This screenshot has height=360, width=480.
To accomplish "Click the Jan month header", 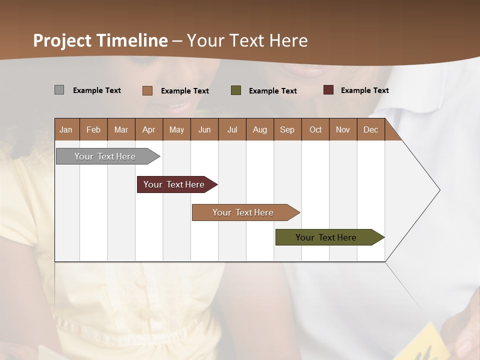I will [x=66, y=129].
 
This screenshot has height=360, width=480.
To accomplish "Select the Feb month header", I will [x=93, y=129].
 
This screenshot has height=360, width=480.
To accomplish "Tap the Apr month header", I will [x=149, y=129].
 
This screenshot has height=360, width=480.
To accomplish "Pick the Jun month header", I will [x=204, y=129].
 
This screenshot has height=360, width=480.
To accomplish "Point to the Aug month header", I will [x=260, y=129].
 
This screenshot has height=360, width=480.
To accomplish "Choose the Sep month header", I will [x=287, y=129].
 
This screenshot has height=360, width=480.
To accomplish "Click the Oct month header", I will [x=315, y=129].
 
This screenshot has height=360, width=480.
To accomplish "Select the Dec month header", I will [x=371, y=129].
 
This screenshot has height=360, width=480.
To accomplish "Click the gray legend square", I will [x=59, y=90].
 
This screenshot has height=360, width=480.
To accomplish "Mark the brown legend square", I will [x=147, y=90].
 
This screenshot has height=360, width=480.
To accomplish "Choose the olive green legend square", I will [x=236, y=90].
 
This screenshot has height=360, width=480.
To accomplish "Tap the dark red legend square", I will [x=328, y=90].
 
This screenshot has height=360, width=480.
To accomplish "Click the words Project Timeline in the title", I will [x=100, y=40].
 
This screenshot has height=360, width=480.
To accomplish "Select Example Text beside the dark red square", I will [x=364, y=90].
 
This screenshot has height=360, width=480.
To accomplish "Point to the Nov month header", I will [x=343, y=129].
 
